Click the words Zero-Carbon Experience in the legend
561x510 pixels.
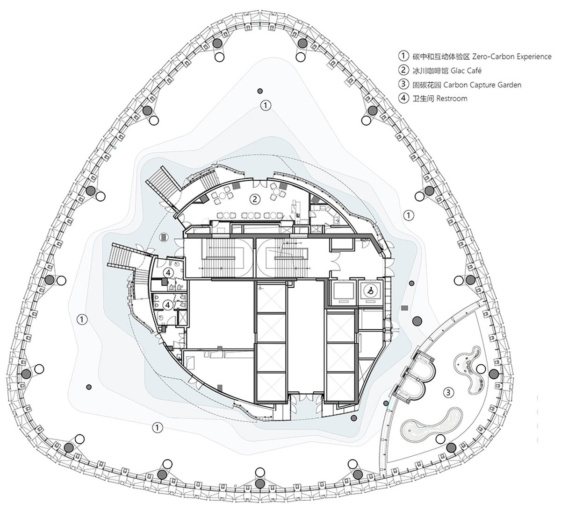click(511, 57)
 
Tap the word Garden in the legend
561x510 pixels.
click(508, 85)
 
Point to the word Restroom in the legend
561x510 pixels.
click(452, 99)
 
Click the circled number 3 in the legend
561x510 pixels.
click(403, 84)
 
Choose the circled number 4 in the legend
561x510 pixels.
click(403, 98)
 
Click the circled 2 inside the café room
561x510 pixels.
click(255, 199)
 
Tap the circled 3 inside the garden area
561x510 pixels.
click(448, 393)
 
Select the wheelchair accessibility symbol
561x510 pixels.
click(371, 291)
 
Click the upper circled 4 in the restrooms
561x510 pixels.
click(168, 272)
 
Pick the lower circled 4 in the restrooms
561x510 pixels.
click(167, 305)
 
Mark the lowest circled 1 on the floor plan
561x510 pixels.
click(158, 427)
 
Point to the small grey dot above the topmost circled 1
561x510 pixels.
click(260, 91)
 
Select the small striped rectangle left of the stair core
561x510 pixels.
click(163, 237)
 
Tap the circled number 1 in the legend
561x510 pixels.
click(403, 56)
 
